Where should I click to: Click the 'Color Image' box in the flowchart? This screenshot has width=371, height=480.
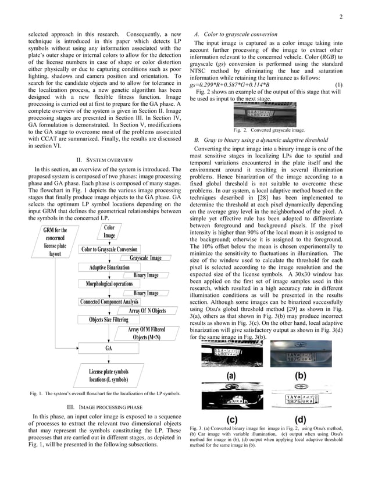[x=109, y=231]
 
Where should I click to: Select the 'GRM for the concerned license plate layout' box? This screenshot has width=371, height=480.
[x=55, y=242]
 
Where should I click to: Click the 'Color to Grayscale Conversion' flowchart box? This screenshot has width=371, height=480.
[x=109, y=250]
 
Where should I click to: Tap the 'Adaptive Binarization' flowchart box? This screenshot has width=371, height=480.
[x=109, y=267]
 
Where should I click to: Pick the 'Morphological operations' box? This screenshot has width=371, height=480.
[x=109, y=284]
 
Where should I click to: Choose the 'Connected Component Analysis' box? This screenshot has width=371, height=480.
[x=109, y=302]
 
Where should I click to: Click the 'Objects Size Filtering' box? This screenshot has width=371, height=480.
[x=109, y=320]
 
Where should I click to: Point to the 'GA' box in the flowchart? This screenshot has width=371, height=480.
[x=109, y=348]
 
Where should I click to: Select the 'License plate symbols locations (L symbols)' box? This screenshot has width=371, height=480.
[x=109, y=375]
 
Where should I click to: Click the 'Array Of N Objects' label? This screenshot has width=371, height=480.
[x=147, y=311]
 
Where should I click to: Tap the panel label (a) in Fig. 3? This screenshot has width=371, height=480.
[x=231, y=376]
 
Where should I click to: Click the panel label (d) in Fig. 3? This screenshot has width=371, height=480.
[x=300, y=419]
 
